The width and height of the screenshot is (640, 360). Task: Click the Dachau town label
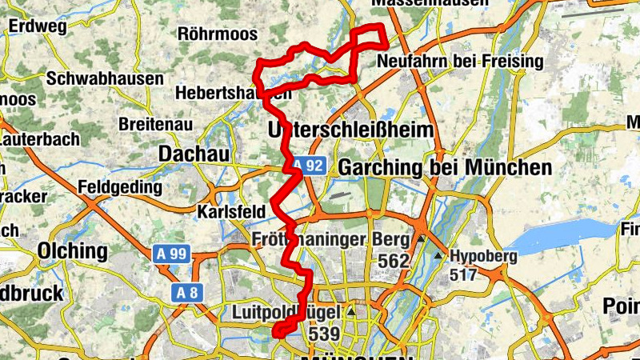[194, 153]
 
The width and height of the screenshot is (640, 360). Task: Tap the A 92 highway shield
[308, 166]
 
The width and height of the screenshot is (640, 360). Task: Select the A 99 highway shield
[170, 254]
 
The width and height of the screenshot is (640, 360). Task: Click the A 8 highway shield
[187, 292]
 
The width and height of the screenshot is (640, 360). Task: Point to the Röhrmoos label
[218, 34]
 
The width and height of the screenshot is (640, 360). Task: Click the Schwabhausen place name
[105, 79]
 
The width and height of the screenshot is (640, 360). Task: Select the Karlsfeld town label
[230, 212]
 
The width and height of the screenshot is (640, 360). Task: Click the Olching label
[72, 251]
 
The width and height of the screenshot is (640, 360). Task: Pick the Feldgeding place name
[121, 187]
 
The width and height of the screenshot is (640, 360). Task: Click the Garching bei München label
[446, 168]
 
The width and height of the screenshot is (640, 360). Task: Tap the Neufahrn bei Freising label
[459, 62]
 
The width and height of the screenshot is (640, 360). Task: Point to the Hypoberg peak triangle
[438, 256]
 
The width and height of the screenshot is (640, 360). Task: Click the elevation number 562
[394, 261]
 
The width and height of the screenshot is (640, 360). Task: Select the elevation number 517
[465, 275]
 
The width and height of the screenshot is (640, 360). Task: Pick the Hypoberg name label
[482, 256]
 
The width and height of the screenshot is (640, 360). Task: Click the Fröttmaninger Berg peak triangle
[421, 239]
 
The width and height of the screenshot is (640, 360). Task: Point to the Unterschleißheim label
[352, 130]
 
